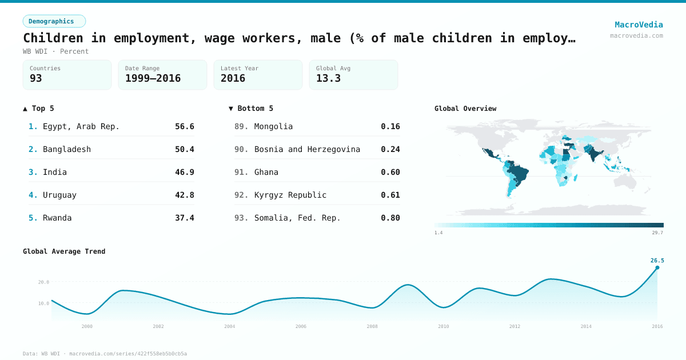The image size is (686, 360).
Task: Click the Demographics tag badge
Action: (x=54, y=21)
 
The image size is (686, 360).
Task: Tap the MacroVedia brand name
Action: (x=639, y=25)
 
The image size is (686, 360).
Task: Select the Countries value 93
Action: (x=36, y=78)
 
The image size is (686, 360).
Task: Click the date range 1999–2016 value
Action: (x=153, y=78)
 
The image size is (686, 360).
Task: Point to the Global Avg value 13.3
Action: (x=328, y=78)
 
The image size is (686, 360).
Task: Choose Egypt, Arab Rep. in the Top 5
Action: (x=81, y=126)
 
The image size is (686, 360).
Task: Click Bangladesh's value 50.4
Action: (x=184, y=149)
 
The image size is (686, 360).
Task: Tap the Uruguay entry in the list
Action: (x=59, y=195)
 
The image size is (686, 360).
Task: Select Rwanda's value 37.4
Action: (x=184, y=218)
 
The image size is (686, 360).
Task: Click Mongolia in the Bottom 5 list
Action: (x=273, y=126)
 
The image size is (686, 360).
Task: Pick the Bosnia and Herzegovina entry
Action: (x=307, y=149)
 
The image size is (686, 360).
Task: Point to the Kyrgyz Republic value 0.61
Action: (x=390, y=195)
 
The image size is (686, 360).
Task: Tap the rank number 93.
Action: (x=241, y=218)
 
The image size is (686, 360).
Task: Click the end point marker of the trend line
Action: (x=657, y=267)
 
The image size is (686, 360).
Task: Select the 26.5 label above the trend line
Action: (x=657, y=261)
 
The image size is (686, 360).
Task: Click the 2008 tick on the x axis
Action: (x=372, y=326)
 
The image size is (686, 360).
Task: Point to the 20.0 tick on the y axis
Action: (x=43, y=282)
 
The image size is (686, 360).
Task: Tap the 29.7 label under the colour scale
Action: (x=657, y=233)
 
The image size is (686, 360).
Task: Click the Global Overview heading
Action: (x=465, y=109)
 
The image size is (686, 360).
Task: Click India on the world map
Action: (x=593, y=154)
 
